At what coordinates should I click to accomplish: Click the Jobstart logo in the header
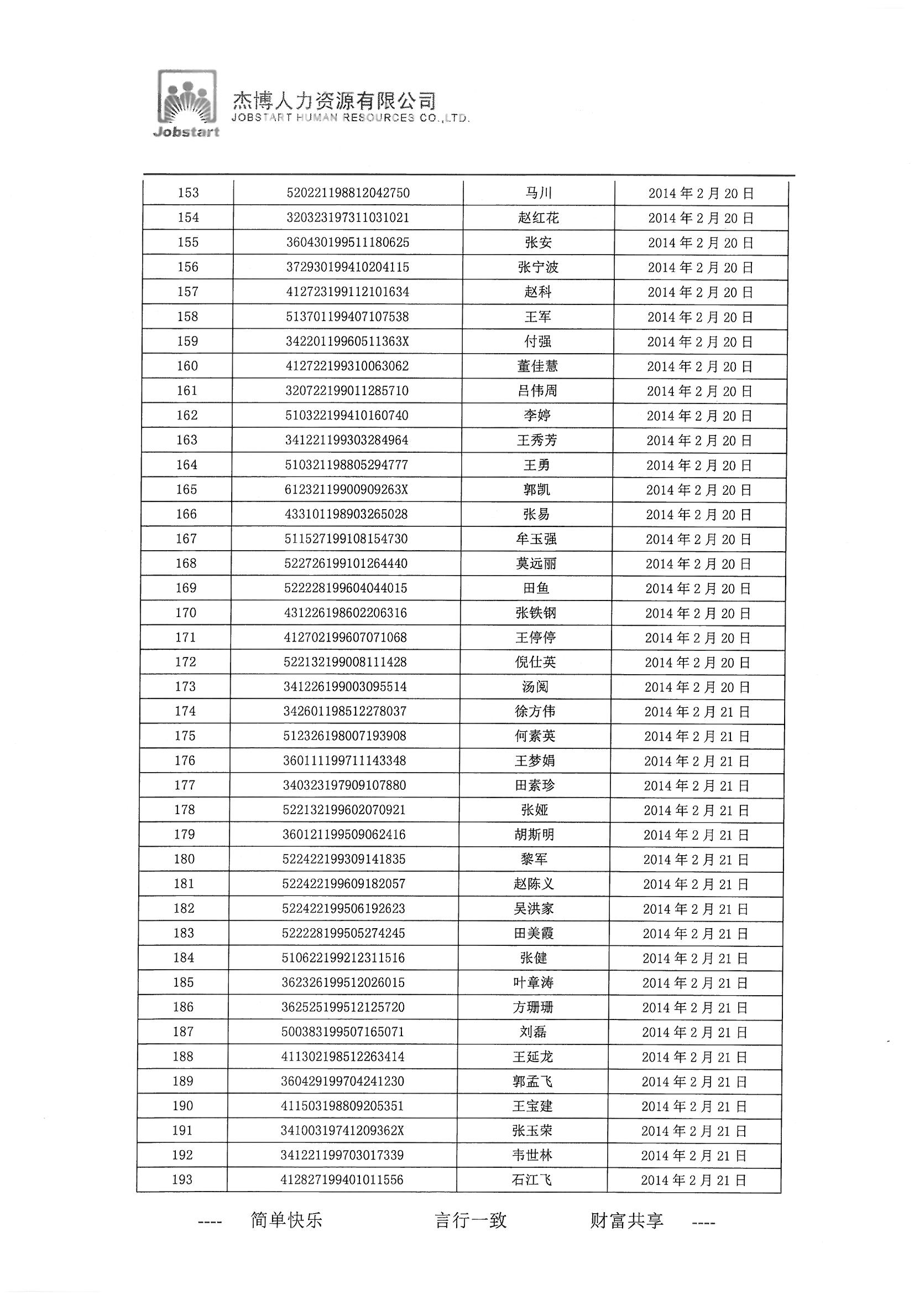coord(187,103)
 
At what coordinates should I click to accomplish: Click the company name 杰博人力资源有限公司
coord(335,101)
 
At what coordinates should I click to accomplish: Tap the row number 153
coord(188,193)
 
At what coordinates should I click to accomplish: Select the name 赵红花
coord(539,218)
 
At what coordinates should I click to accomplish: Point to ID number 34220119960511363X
coord(347,341)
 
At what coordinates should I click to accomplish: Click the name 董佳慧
coord(538,366)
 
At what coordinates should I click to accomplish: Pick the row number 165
coord(186,489)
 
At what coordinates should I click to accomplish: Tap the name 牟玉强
coord(537,539)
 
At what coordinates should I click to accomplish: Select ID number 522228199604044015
coord(345,588)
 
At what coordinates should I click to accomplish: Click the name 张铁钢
coord(536,613)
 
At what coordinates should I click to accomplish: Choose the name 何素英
coord(536,736)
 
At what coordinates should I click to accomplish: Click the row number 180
coord(185,860)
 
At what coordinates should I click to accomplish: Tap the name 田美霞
coord(534,933)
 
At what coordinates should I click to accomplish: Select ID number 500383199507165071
coord(343,1032)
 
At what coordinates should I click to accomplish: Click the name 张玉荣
coord(532,1131)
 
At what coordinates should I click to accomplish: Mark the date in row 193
coord(694,1180)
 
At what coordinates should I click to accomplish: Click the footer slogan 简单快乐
coord(286,1220)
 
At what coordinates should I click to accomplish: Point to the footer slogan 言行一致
coord(471,1220)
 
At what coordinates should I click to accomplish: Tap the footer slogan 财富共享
coord(627,1220)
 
